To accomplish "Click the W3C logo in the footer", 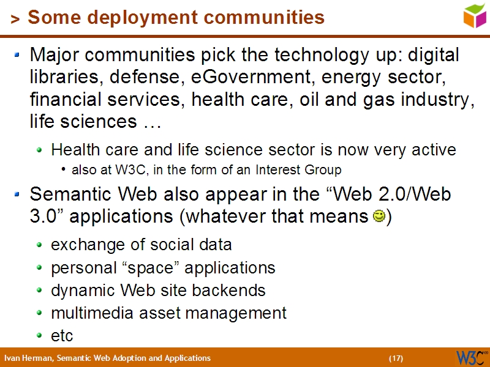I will (x=472, y=357).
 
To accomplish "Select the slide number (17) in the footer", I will (x=396, y=358).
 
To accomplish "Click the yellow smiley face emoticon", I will (x=379, y=217).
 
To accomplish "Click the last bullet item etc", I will (x=62, y=336).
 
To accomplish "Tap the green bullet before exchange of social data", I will (x=40, y=245).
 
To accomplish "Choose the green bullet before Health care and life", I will (x=40, y=150).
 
